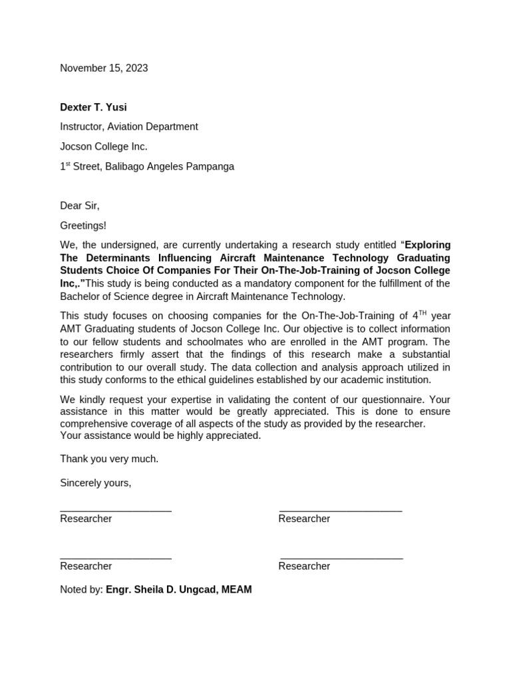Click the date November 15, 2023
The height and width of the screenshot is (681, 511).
pyautogui.click(x=104, y=68)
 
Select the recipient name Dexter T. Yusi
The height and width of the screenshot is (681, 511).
pyautogui.click(x=93, y=107)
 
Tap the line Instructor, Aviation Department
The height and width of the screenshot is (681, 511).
pyautogui.click(x=128, y=126)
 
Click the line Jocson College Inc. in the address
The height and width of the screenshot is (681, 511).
pyautogui.click(x=103, y=146)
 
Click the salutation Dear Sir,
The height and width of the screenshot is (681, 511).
pyautogui.click(x=79, y=205)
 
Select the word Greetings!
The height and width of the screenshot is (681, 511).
pyautogui.click(x=83, y=225)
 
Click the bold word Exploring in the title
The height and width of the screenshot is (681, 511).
pyautogui.click(x=427, y=245)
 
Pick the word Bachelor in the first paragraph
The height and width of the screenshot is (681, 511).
pyautogui.click(x=80, y=297)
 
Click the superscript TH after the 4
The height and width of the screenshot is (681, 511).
pyautogui.click(x=422, y=313)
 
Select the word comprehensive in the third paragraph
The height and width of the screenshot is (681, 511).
pyautogui.click(x=92, y=424)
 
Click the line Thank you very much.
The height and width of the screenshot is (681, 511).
pyautogui.click(x=109, y=459)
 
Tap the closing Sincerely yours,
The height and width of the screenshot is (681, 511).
pyautogui.click(x=95, y=483)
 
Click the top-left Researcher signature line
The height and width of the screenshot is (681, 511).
pyautogui.click(x=116, y=510)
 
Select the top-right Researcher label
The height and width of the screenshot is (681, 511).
pyautogui.click(x=304, y=519)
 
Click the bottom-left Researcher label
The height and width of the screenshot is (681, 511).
pyautogui.click(x=86, y=566)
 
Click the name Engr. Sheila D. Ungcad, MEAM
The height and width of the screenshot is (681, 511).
pyautogui.click(x=178, y=589)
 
